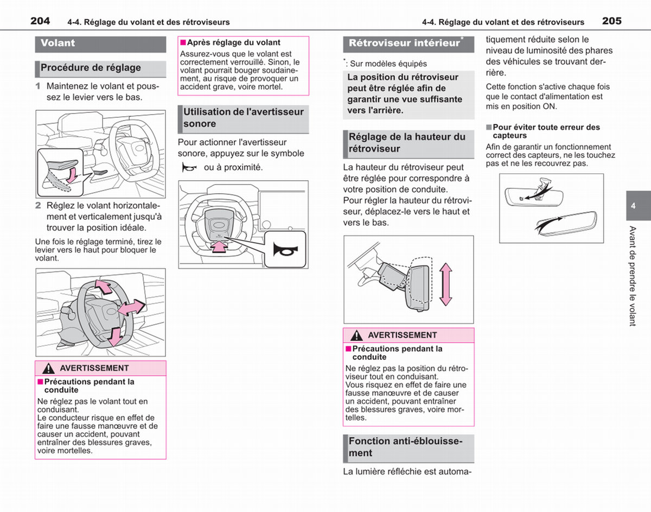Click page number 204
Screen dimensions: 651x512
pos(40,21)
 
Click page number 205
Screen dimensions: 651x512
pos(612,21)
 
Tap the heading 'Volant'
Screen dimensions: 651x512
pos(58,43)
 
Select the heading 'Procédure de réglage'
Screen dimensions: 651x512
pos(91,67)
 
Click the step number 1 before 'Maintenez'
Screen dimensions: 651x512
pos(38,86)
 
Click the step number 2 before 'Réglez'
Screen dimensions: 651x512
pos(38,205)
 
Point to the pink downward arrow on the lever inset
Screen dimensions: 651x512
pos(72,175)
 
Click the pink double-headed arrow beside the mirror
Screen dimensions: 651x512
pos(446,284)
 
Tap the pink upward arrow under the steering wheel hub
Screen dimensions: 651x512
pos(220,246)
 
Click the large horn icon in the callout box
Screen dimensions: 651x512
pos(285,250)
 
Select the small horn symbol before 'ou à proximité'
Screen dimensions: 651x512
pos(189,167)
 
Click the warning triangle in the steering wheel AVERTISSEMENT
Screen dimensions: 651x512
pos(48,368)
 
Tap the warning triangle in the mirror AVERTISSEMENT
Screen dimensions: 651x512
pos(356,335)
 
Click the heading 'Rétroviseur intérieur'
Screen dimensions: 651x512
pos(404,43)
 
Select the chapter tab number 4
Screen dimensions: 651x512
pos(633,206)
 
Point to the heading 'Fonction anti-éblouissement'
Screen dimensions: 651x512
pos(405,447)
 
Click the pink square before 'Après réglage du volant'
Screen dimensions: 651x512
pos(183,42)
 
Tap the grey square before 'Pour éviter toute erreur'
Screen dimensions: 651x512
pos(489,128)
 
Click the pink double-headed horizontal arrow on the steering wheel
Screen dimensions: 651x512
pos(131,307)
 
